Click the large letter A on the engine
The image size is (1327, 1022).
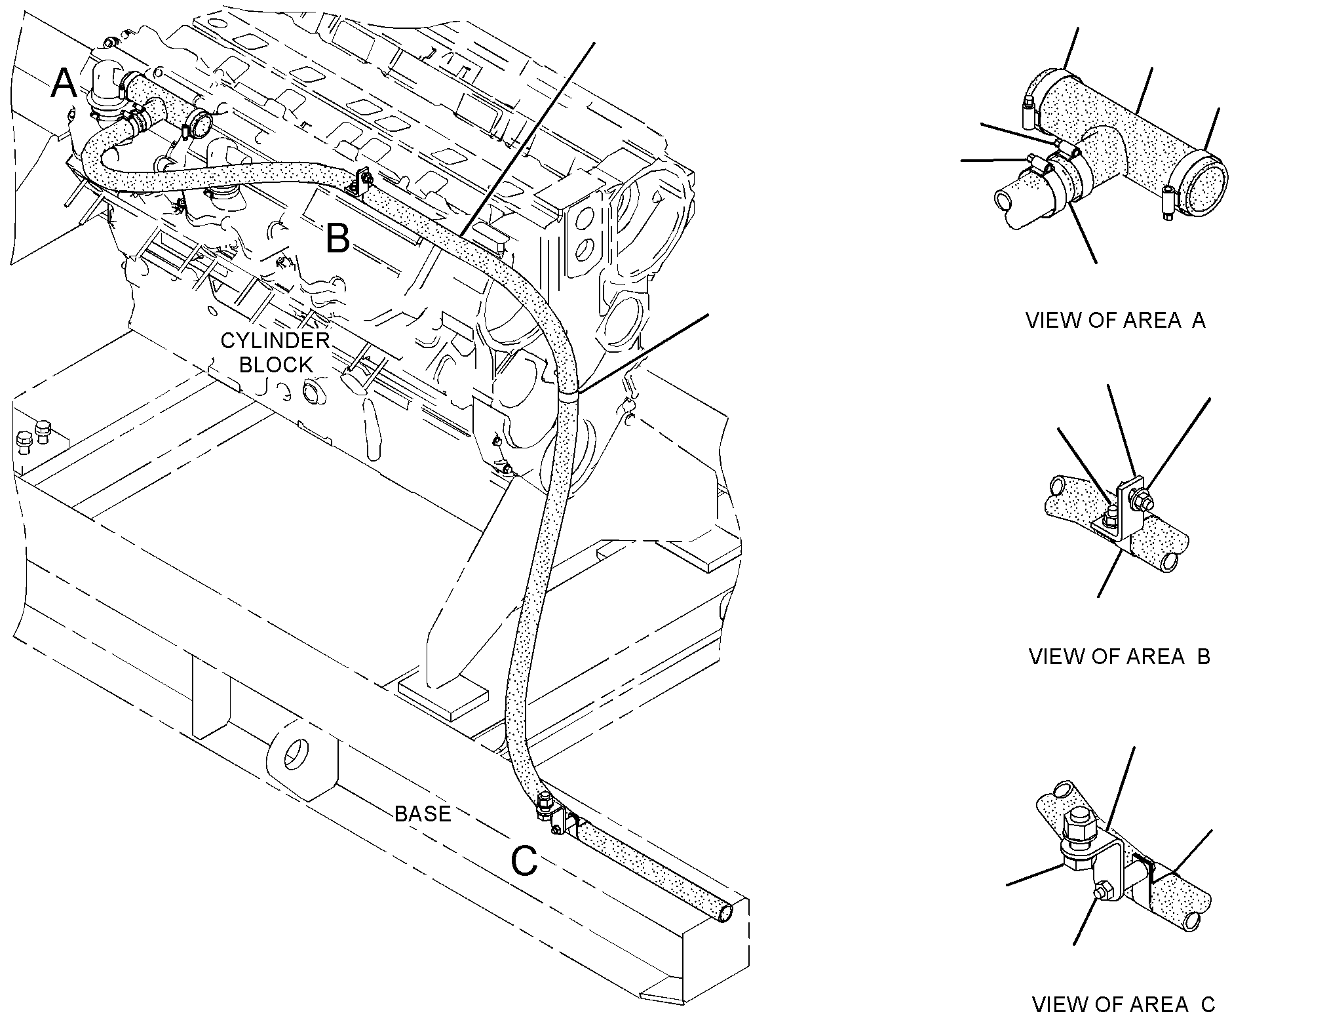coord(64,83)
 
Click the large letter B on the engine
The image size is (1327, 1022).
coord(337,238)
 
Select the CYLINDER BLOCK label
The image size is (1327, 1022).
coord(275,352)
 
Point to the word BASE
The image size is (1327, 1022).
coord(423,814)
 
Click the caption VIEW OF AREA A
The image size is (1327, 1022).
coord(1115,320)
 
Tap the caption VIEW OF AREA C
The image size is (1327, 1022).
coord(1123,1004)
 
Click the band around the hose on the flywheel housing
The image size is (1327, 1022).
coord(569,393)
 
